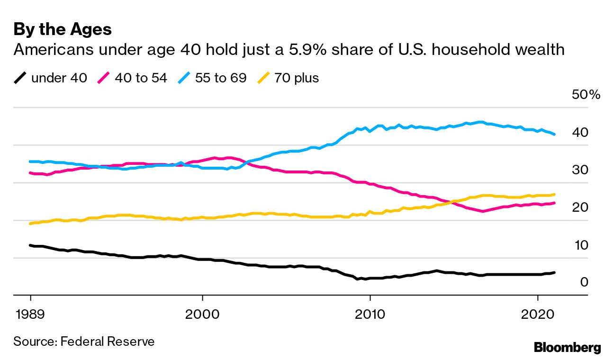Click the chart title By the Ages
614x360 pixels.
(x=63, y=30)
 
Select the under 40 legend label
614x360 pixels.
(x=59, y=78)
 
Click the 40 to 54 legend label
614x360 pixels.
(x=141, y=78)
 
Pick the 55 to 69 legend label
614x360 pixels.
(x=221, y=78)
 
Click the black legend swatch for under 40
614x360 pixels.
(x=20, y=78)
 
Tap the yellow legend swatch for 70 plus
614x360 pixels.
(x=263, y=78)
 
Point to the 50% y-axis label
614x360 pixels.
(x=586, y=95)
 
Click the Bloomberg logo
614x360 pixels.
(x=567, y=347)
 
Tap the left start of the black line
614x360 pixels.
(x=31, y=245)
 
